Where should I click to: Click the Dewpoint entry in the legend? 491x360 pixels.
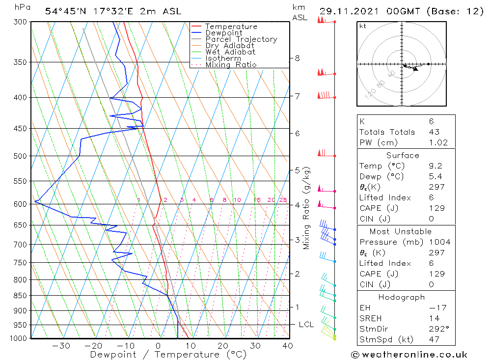[x=223, y=33]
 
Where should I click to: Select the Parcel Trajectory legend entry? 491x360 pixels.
[x=241, y=39]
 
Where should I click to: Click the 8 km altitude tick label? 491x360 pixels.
[x=297, y=58]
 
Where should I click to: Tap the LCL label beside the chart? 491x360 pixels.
[x=306, y=325]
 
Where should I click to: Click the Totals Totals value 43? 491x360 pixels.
[x=434, y=132]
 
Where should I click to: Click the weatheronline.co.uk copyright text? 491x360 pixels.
[x=409, y=355]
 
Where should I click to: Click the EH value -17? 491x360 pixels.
[x=436, y=308]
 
